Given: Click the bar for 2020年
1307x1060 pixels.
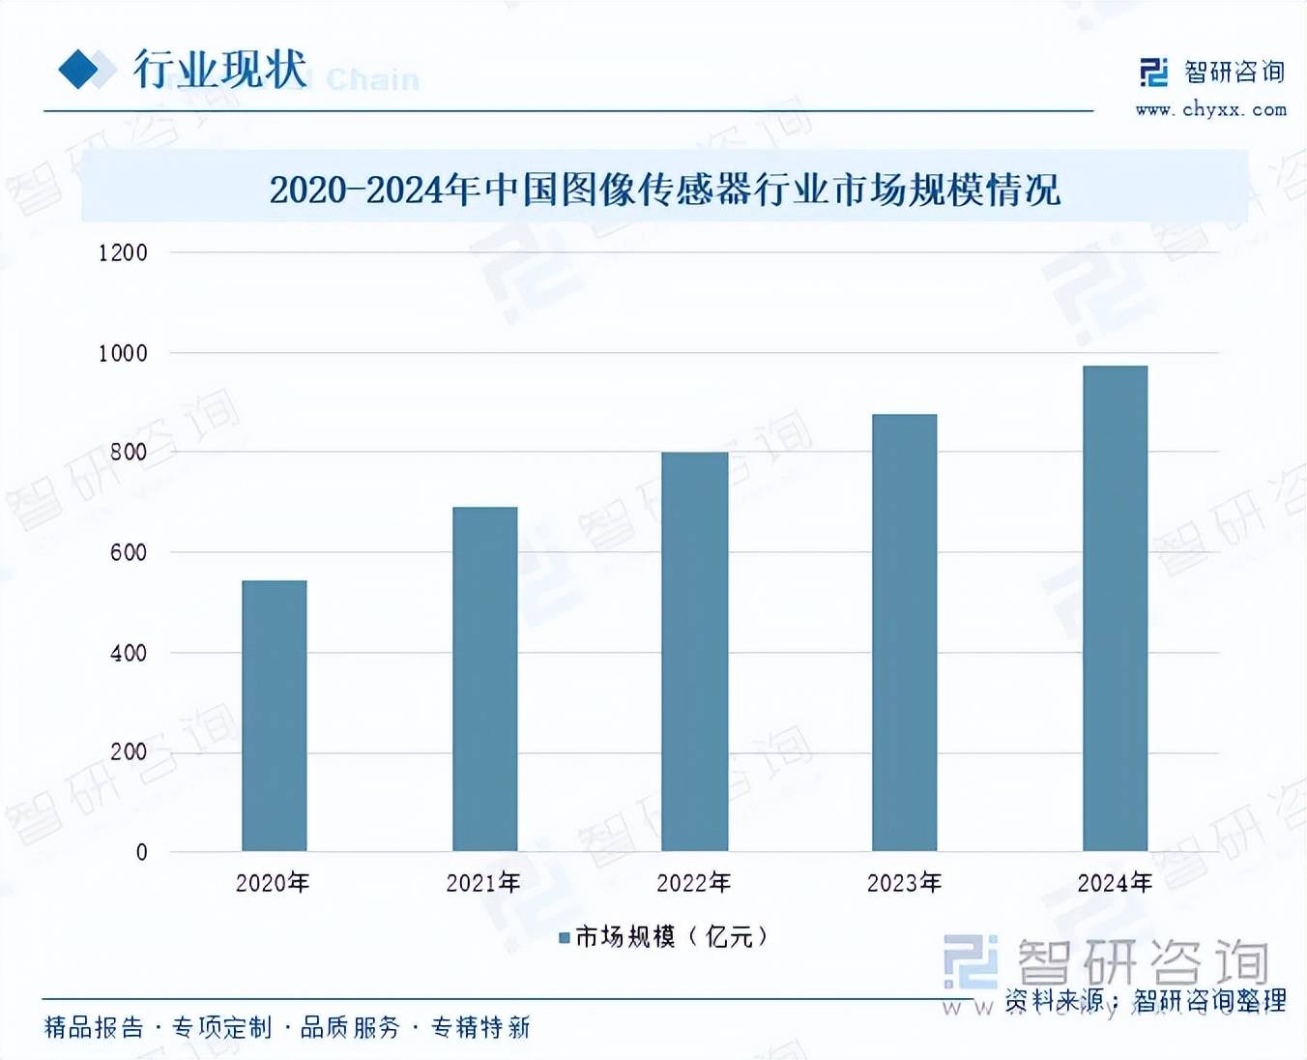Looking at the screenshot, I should [x=274, y=716].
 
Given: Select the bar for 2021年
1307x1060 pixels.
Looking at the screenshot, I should [x=484, y=679].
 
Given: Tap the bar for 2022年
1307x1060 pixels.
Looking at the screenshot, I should [x=695, y=651].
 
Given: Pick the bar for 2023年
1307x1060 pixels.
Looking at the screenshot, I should [x=904, y=633].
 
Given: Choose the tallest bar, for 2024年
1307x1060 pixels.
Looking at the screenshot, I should [x=1115, y=608].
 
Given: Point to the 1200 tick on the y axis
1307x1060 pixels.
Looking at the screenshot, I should [x=123, y=253].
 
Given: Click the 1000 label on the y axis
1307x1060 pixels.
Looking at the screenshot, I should [x=123, y=354].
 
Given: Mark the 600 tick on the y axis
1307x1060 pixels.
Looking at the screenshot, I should [x=129, y=553].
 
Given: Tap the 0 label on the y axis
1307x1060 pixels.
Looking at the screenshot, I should [x=142, y=853].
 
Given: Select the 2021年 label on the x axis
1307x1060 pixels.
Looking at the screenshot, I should [x=483, y=883].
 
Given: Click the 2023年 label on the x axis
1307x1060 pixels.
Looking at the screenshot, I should [x=904, y=883].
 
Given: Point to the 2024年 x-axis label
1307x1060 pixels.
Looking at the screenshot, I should [x=1115, y=883].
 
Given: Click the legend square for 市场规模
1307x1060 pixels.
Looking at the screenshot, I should [x=565, y=937].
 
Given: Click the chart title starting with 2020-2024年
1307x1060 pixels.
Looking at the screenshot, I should [x=664, y=190].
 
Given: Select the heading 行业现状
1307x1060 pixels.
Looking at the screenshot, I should [x=219, y=70].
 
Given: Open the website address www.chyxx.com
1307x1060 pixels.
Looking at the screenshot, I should [x=1211, y=110].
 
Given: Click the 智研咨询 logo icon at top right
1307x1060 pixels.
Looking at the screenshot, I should [x=1153, y=73].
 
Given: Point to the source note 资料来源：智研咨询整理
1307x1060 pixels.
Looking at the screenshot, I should [x=1146, y=1000].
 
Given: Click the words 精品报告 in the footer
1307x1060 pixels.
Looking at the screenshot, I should [x=94, y=1027].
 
